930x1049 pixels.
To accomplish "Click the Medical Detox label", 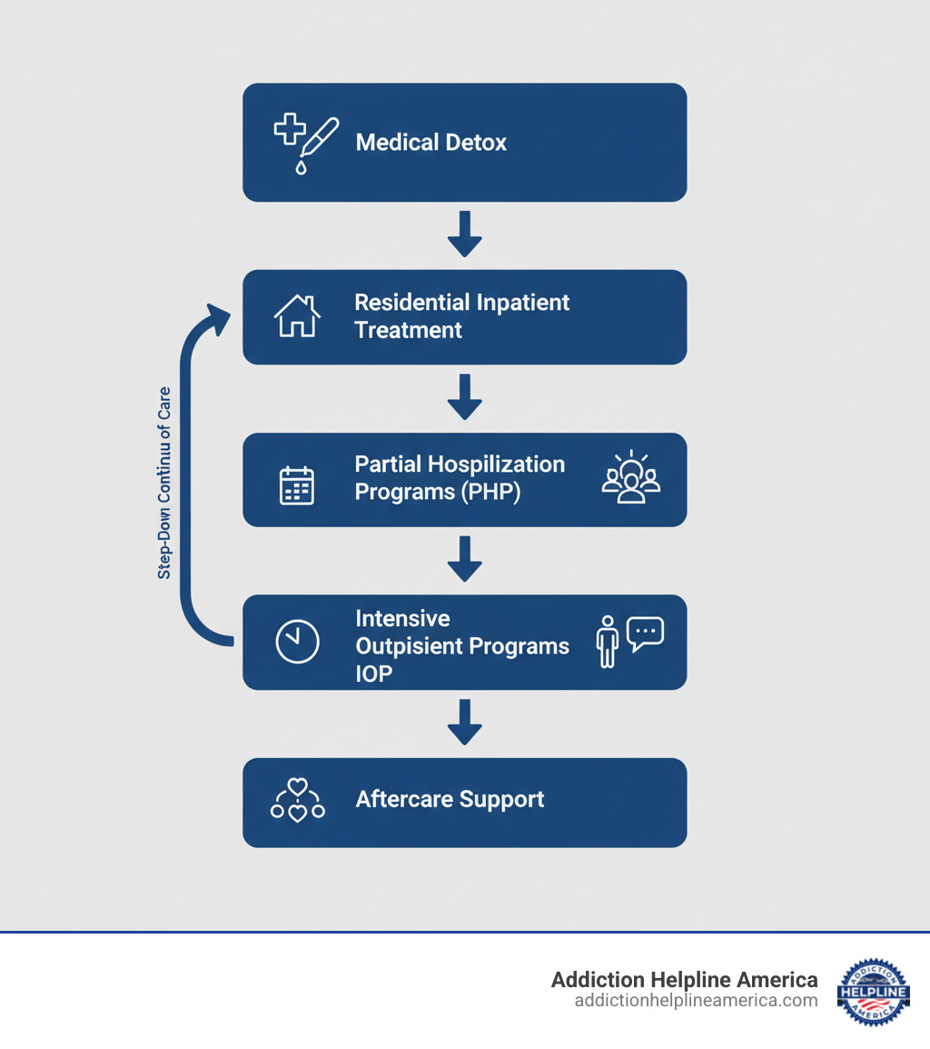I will coord(430,143).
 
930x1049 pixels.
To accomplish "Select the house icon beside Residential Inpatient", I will coord(297,316).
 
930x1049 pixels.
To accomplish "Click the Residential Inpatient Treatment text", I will coord(461,315).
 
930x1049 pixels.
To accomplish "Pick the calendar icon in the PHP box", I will coord(296,485).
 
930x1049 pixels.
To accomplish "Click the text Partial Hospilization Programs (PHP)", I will coord(460,478).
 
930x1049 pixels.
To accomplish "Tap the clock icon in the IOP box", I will coord(297,641).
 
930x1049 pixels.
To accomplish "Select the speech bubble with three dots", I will coord(646,633).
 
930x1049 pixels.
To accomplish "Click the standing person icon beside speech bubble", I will coord(608,642).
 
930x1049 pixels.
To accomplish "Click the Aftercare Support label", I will coord(450,800).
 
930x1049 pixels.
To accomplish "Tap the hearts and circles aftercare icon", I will coord(297,801).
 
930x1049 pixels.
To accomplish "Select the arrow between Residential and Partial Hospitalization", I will coord(464,397).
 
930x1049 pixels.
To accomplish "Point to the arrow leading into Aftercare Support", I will coord(464,723).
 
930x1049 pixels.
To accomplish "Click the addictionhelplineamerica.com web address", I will coord(696,1001).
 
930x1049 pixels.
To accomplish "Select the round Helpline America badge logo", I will coord(873,991).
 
